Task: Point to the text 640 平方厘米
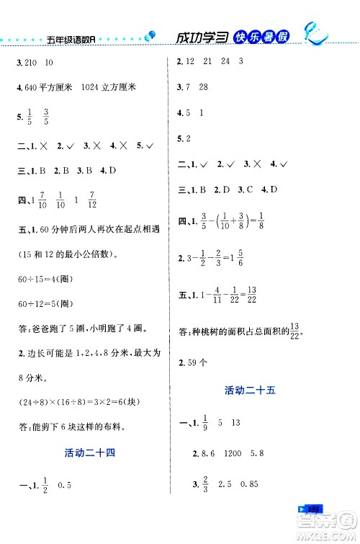tap(50, 88)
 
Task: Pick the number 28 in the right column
tap(207, 88)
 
